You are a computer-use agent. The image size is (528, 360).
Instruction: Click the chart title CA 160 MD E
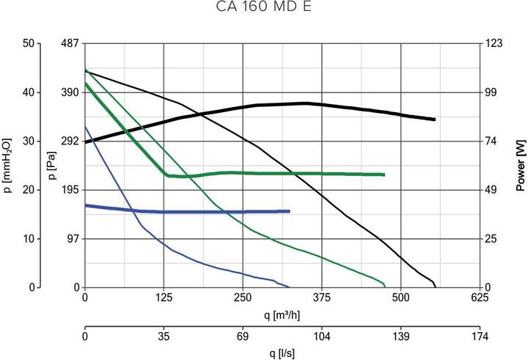263,10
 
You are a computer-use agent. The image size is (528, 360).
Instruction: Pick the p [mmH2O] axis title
8,165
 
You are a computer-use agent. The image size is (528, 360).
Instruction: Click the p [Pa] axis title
49,165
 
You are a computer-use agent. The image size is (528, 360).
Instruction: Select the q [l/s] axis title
282,353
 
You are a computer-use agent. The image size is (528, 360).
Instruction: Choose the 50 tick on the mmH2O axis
30,43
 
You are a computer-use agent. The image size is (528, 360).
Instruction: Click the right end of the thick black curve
435,120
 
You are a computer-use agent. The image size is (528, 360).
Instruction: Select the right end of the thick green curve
384,175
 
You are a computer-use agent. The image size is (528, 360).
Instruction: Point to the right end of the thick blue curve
290,211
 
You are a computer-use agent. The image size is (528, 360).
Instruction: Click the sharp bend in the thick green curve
168,175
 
